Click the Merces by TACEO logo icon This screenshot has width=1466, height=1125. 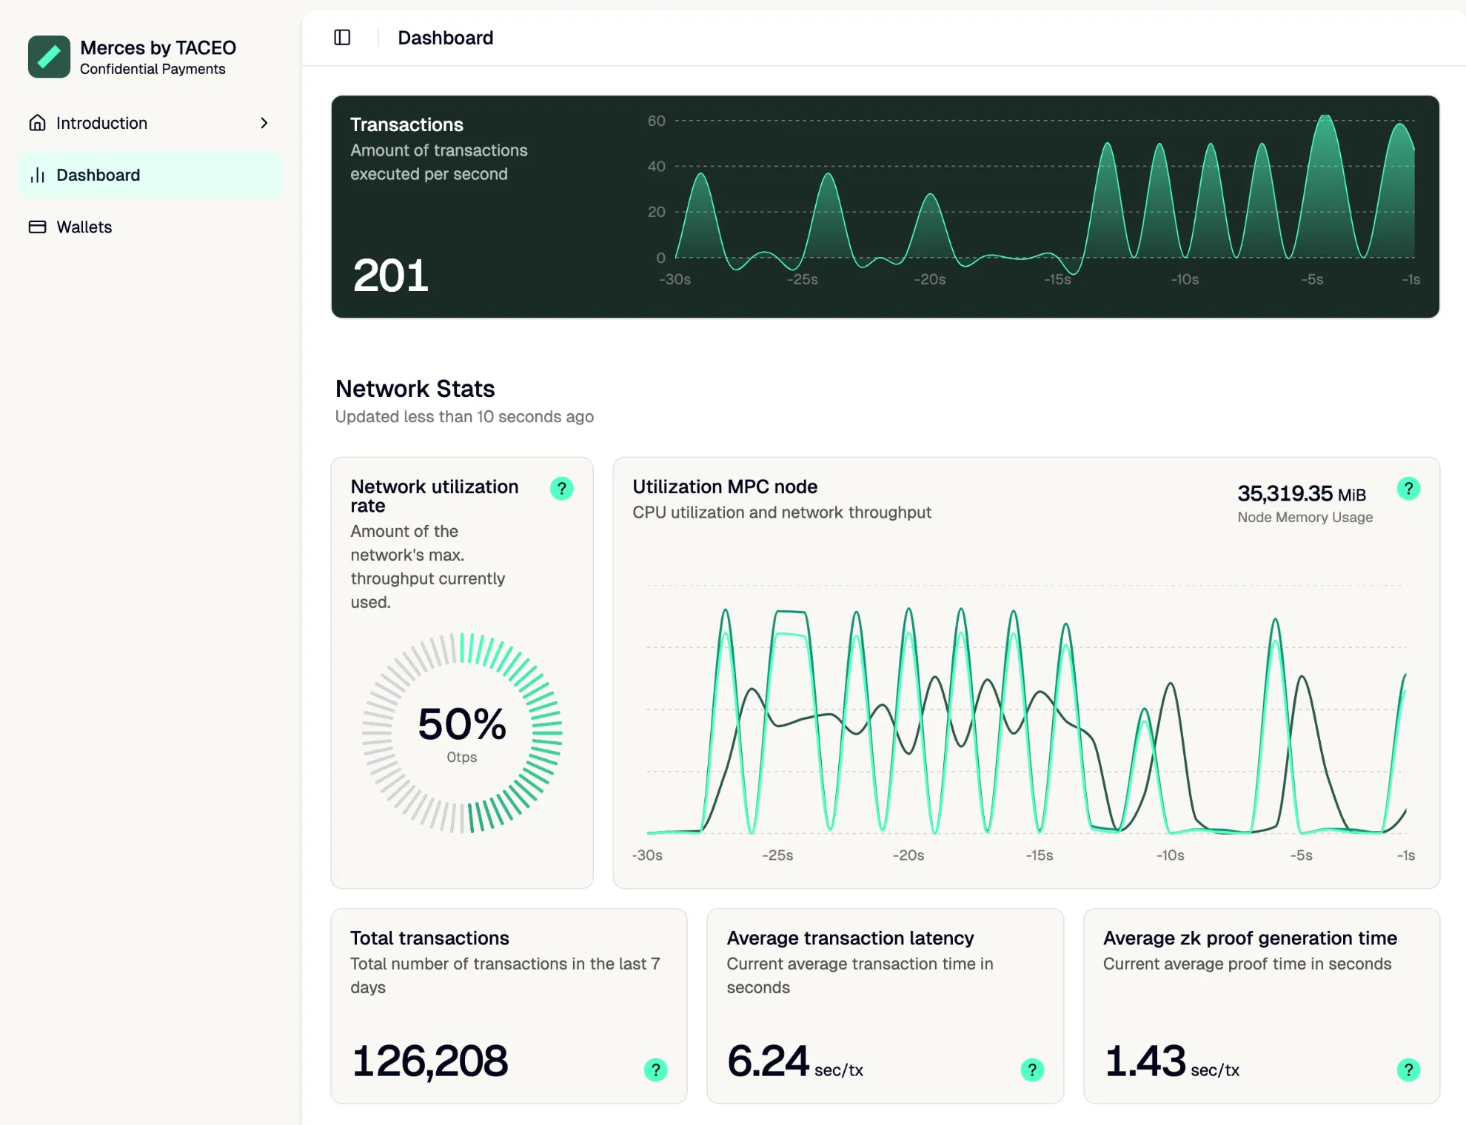[x=49, y=57]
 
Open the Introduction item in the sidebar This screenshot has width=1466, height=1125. [x=101, y=123]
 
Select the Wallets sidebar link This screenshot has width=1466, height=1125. [x=84, y=227]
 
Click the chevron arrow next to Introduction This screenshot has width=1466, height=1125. [x=264, y=123]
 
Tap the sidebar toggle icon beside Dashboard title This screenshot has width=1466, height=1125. [x=342, y=38]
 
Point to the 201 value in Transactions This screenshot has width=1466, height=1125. [x=391, y=276]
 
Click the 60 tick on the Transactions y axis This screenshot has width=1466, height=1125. [x=656, y=121]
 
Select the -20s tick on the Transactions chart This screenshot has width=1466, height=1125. [x=930, y=280]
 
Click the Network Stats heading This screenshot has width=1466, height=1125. [x=415, y=389]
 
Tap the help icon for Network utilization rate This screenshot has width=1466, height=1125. [x=562, y=489]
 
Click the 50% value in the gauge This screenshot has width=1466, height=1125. [x=462, y=724]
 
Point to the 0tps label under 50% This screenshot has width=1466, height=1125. [x=462, y=758]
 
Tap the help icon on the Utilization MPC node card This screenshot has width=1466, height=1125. [x=1408, y=489]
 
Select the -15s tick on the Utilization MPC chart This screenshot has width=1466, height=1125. [x=1040, y=856]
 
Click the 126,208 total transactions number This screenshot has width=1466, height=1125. [x=430, y=1061]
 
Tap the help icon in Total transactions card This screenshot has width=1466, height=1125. [x=655, y=1070]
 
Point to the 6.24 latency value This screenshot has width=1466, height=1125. [x=768, y=1061]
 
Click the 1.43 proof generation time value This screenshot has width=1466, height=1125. [x=1145, y=1061]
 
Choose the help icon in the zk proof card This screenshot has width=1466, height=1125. [x=1408, y=1070]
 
